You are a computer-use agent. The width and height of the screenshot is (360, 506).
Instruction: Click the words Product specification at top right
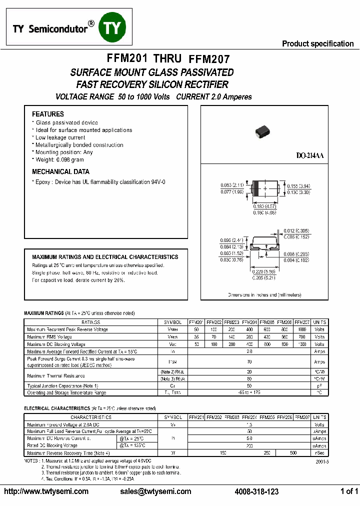tap(317, 43)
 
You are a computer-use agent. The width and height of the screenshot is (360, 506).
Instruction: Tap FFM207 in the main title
tap(210, 59)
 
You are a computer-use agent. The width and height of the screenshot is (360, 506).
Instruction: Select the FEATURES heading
tap(48, 114)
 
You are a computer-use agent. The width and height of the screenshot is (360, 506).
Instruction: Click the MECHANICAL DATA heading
tap(60, 171)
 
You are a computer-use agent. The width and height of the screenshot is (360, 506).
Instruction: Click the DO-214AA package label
tap(309, 156)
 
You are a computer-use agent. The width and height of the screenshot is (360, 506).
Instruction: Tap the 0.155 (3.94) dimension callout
tap(299, 185)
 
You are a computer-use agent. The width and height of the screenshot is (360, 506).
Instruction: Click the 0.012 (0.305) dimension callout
tap(296, 230)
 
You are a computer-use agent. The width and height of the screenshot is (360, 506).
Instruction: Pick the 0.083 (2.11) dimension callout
tap(232, 185)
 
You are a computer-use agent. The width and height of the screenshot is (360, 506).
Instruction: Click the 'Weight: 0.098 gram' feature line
tap(59, 159)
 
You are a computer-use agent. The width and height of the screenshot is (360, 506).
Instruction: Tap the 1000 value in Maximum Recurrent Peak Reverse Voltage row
tap(302, 329)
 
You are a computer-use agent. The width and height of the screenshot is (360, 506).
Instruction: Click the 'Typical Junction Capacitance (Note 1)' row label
tap(62, 386)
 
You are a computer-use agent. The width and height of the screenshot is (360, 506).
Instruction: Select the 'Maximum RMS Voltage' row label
tap(49, 337)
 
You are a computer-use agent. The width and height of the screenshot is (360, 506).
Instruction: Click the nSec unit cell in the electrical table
tap(319, 452)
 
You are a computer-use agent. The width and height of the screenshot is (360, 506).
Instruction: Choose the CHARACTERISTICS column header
tap(90, 417)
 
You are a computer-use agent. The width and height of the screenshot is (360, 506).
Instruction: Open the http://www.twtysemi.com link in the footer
tap(46, 491)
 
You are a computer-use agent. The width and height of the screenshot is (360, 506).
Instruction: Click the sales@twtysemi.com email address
tap(155, 491)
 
